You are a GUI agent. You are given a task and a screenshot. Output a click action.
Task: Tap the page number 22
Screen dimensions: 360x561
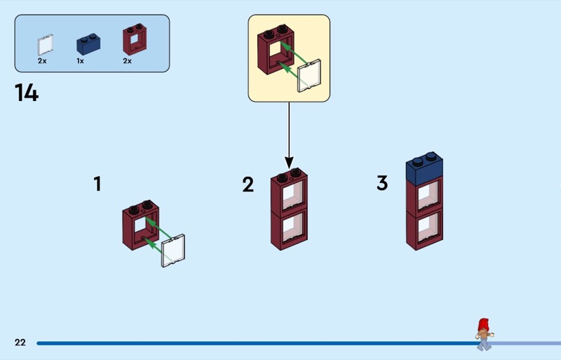20,342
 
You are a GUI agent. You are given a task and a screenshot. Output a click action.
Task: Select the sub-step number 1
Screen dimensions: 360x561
97,184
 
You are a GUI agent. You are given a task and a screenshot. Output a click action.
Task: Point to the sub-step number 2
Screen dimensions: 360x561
248,185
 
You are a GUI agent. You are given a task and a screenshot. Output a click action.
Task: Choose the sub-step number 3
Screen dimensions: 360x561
381,183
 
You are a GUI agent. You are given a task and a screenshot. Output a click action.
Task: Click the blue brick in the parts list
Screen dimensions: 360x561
88,44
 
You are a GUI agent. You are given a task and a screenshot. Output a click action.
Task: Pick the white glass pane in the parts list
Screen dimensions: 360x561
45,45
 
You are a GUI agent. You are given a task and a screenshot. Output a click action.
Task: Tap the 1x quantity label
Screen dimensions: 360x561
80,61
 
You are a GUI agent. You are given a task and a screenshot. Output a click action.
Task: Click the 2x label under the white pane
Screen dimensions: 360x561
42,61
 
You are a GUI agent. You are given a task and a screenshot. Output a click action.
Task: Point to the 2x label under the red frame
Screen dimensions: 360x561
127,61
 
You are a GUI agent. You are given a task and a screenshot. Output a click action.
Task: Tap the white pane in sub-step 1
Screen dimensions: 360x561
173,251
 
